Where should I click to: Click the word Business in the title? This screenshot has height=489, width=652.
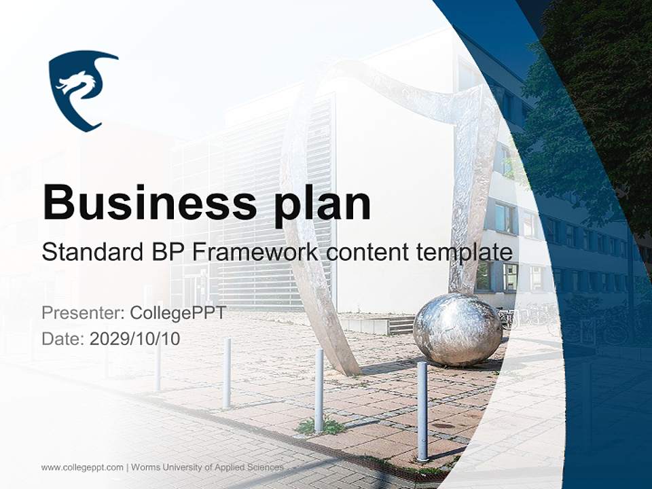click(149, 202)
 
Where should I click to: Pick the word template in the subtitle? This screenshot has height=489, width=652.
click(465, 253)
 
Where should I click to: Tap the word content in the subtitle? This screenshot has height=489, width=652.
click(367, 253)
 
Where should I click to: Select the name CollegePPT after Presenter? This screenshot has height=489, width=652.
click(178, 313)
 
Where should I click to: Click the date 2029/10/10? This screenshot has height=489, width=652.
click(134, 339)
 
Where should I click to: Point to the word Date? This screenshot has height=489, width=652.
click(63, 339)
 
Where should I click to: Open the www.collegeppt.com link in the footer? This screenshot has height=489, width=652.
click(82, 468)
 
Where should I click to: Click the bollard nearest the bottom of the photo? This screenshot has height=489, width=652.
click(422, 412)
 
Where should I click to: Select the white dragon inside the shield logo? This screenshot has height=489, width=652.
click(79, 86)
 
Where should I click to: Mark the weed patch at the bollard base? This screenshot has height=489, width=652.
click(320, 427)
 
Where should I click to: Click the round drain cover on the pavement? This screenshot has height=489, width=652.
click(444, 426)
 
